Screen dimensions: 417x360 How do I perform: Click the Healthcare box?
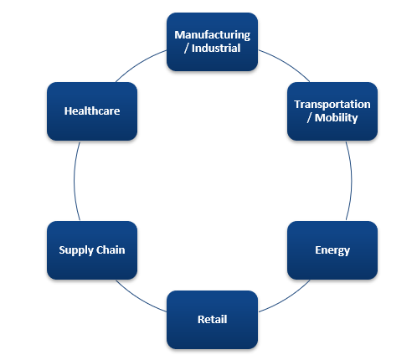[92, 111]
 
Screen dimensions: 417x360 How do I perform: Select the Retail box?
[212, 320]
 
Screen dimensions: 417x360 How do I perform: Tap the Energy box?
[332, 250]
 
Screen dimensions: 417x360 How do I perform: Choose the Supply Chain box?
[92, 250]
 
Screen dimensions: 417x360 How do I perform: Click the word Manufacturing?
[213, 35]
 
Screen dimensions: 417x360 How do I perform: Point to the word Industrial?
[216, 48]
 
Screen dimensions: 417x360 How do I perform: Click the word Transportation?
[332, 104]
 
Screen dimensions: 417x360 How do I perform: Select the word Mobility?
[336, 118]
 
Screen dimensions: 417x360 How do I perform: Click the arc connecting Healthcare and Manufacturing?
[140, 64]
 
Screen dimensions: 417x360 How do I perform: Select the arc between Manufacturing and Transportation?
[286, 64]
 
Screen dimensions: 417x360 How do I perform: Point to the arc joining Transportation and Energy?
[351, 181]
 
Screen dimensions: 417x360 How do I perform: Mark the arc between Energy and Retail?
[286, 298]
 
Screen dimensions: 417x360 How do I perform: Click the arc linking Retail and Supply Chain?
[140, 298]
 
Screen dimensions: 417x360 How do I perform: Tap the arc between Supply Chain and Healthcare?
[75, 181]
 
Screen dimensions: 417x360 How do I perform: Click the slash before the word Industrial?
[187, 49]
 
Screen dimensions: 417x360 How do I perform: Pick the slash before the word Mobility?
[309, 118]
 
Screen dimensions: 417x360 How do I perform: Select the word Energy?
[332, 250]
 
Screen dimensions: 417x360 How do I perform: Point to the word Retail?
[212, 319]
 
